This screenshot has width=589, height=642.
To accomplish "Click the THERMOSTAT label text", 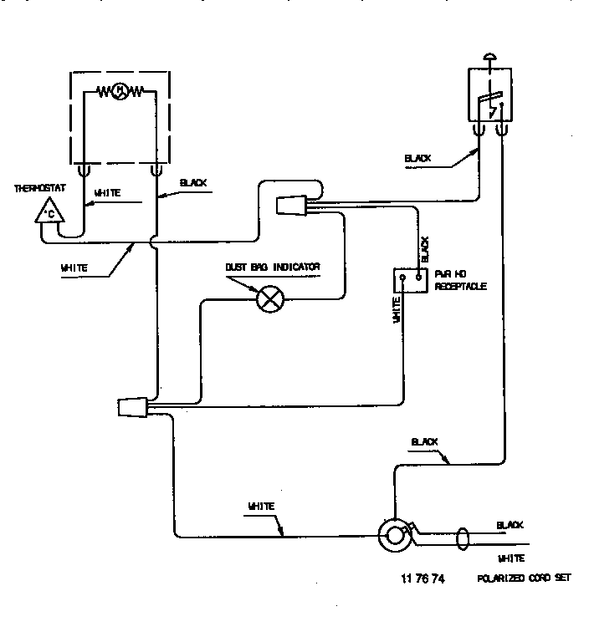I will coord(34,188).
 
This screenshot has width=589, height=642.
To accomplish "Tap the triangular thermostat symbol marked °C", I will coord(49,213).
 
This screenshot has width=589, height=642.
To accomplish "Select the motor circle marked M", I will coord(120,90).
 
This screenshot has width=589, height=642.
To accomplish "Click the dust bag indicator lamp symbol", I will coord(269,299).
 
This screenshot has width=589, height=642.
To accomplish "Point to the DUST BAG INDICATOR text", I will coord(272,267).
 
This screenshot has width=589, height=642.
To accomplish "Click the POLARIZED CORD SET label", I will coord(525,578).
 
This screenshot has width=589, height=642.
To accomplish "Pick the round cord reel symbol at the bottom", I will coord(392,535).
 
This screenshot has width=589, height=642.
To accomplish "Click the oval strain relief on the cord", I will coord(462,538).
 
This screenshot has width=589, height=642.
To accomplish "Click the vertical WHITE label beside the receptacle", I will coord(396,308).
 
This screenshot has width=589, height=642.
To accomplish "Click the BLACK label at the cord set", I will coord(510,525).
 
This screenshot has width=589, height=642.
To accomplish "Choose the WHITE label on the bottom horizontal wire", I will coord(262,507).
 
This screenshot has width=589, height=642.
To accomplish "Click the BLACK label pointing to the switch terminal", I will coord(417,157).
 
